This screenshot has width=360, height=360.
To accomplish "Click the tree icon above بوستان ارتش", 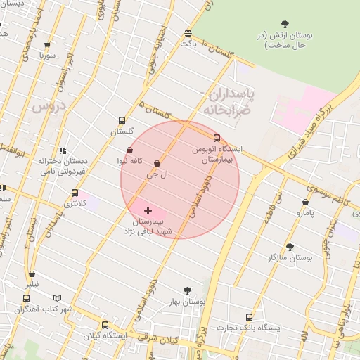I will tap(284, 25).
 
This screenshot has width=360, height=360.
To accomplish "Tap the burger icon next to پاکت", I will tap(188, 33).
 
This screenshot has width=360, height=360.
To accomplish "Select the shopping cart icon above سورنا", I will tap(47, 44).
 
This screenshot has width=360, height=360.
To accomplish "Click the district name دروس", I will tap(48, 106).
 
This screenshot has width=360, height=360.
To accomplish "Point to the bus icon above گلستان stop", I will tap(122, 120).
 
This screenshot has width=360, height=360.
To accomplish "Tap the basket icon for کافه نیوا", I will tap(130, 150).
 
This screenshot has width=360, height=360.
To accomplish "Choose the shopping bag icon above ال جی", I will tap(156, 163).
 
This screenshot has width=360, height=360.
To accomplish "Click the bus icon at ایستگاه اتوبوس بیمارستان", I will tap(217, 139).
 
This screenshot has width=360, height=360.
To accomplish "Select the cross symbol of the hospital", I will tap(148, 210).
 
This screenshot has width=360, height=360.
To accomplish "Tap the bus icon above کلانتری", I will tap(75, 193).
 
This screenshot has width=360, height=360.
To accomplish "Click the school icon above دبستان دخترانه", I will tap(63, 150).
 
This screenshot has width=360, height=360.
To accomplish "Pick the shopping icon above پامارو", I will tap(305, 202).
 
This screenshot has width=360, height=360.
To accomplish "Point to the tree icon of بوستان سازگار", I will tap(290, 247).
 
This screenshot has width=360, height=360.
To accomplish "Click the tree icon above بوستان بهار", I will tap(187, 290).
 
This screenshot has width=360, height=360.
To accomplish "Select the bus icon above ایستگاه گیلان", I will tap(105, 325).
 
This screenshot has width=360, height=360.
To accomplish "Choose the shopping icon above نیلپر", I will tap(32, 274).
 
